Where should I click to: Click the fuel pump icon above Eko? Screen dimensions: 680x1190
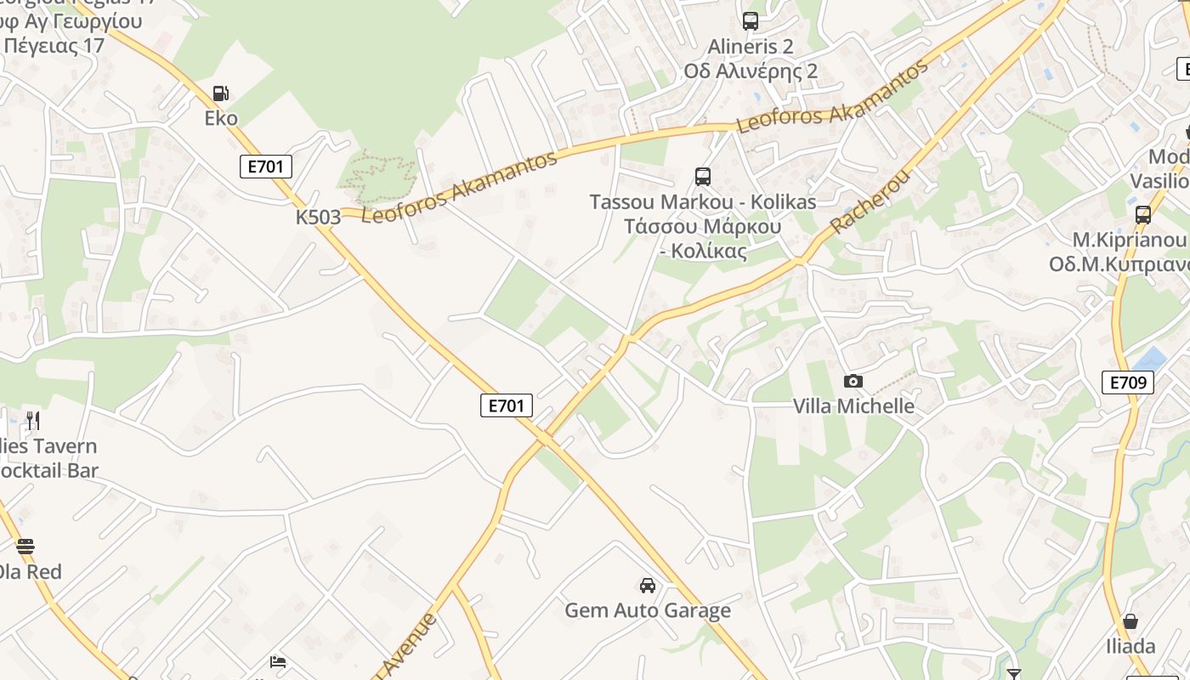click(221, 93)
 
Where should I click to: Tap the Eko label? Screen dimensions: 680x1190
click(221, 118)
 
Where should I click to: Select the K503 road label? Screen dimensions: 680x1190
click(318, 218)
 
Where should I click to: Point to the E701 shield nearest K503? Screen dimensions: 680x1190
click(266, 167)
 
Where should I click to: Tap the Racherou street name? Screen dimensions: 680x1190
click(870, 202)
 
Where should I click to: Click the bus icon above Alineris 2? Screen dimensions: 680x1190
click(750, 21)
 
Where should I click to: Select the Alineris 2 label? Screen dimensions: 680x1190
click(751, 47)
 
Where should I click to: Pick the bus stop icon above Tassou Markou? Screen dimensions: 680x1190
click(702, 177)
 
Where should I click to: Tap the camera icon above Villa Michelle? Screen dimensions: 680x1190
click(853, 382)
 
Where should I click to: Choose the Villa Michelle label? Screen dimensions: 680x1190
click(853, 406)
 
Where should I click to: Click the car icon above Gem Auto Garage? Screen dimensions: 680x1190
click(648, 586)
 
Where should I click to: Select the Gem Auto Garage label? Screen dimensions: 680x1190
click(648, 610)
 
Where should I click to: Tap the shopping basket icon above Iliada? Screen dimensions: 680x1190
click(1130, 621)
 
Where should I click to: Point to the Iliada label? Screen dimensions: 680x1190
click(1130, 647)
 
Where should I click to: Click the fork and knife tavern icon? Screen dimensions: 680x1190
click(33, 421)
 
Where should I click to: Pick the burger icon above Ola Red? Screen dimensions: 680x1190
click(25, 547)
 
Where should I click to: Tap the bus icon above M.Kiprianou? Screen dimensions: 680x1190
click(1143, 215)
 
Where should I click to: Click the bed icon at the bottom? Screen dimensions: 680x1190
click(278, 662)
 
